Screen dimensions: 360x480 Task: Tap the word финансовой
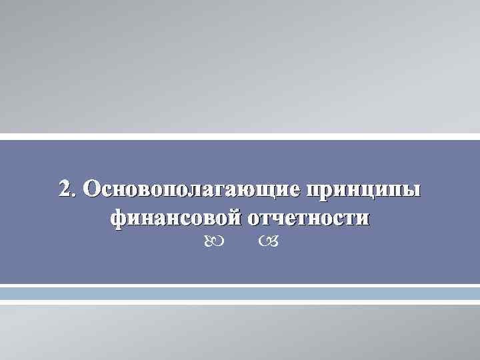click(175, 218)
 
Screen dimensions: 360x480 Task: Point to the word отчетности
click(309, 218)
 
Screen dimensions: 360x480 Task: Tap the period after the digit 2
click(73, 195)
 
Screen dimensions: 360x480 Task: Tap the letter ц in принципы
click(377, 191)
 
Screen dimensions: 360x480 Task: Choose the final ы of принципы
click(414, 191)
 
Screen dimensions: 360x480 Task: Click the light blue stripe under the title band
click(240, 293)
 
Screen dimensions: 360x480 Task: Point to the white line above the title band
click(240, 137)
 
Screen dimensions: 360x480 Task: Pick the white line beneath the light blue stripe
click(240, 302)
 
